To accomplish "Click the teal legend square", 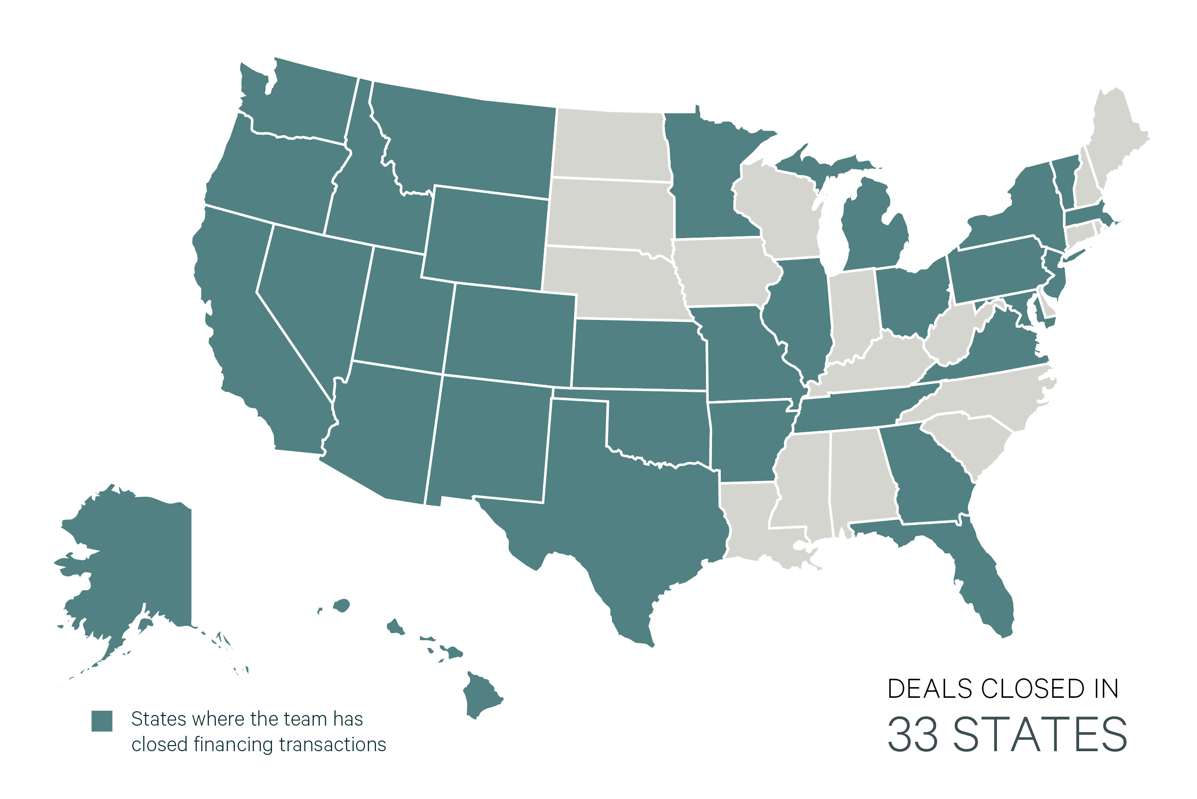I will pos(102,721).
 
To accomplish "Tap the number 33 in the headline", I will pos(912,735).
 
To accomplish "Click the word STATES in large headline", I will pos(1040,735).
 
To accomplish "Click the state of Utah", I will pos(402,311).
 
